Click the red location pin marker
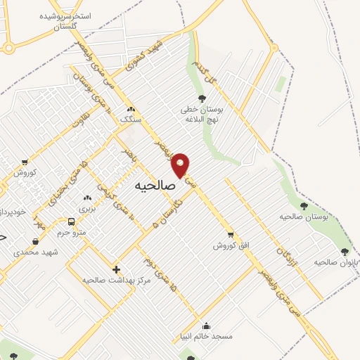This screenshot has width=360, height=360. (181, 165)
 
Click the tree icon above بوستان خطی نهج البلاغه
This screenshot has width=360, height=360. (202, 98)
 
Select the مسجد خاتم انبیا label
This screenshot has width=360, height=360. (205, 336)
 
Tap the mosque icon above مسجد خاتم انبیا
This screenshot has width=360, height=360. (205, 326)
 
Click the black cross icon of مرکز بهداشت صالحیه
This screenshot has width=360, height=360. (116, 269)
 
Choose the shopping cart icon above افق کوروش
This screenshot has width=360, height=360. (231, 235)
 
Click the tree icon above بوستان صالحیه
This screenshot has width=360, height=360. (304, 206)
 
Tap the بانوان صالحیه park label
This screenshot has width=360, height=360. (332, 262)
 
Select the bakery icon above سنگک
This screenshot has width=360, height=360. (130, 109)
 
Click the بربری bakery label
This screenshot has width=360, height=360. (86, 209)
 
